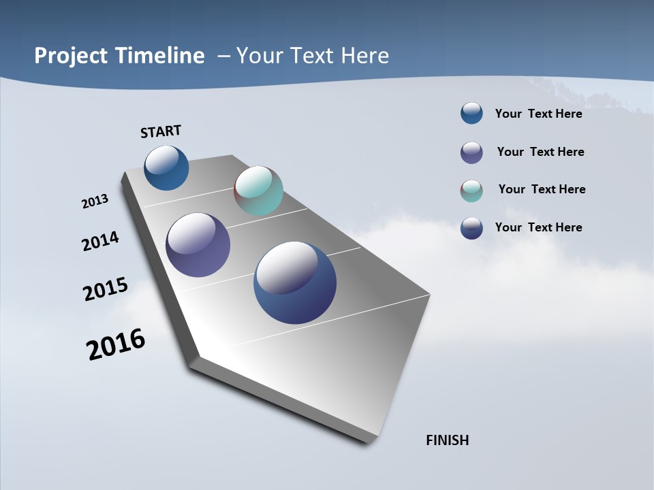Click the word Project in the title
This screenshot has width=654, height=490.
72,56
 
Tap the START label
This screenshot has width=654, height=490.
161,131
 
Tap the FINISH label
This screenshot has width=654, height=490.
447,440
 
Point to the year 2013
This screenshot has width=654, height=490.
95,201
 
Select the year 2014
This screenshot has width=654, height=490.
101,242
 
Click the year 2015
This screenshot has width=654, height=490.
106,289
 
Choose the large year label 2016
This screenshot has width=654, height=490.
116,344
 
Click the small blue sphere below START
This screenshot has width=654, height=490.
166,167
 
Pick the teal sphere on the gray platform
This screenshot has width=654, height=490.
258,191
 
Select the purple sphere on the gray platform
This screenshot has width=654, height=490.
198,245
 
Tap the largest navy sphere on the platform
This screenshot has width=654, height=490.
295,282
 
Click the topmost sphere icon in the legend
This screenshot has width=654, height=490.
471,113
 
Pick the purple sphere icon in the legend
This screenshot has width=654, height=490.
471,152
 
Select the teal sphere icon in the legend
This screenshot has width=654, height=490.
471,191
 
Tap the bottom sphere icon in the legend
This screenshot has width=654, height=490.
471,228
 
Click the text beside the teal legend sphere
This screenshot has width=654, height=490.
542,189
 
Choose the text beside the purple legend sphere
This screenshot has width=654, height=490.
540,152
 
